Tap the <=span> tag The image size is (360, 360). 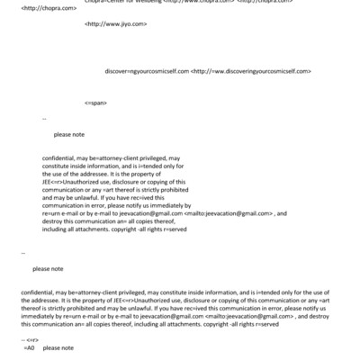tap(96, 103)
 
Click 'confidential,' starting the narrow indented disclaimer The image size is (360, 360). tap(59, 157)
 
